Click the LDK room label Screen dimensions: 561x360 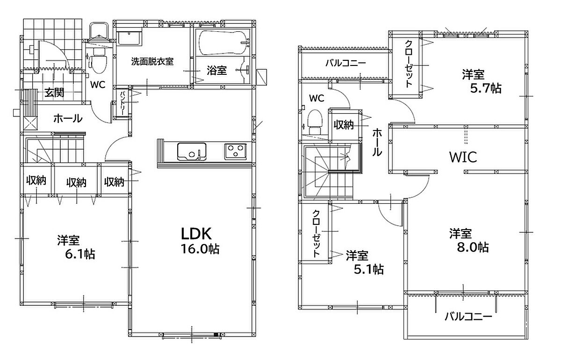[x=196, y=234]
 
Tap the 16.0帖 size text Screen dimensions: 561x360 [x=200, y=249]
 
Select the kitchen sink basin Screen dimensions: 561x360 [x=192, y=151]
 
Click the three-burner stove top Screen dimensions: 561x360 [x=236, y=151]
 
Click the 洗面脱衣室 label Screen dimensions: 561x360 [x=152, y=61]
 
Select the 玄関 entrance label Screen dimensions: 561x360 [x=54, y=93]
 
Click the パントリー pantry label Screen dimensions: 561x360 [x=122, y=103]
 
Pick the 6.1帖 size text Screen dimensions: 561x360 [x=80, y=254]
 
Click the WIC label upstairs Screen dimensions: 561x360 [x=463, y=157]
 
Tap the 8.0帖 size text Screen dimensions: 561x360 [x=473, y=247]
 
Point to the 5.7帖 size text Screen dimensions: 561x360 [x=486, y=88]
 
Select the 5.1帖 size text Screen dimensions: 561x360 [x=369, y=269]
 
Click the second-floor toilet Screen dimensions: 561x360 [x=315, y=122]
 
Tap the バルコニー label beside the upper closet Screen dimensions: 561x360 [x=345, y=63]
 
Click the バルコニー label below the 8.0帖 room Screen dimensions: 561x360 [x=468, y=317]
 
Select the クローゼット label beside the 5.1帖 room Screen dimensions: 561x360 [x=316, y=233]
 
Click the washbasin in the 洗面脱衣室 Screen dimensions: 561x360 [x=130, y=38]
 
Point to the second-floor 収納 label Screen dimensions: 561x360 [x=344, y=124]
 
